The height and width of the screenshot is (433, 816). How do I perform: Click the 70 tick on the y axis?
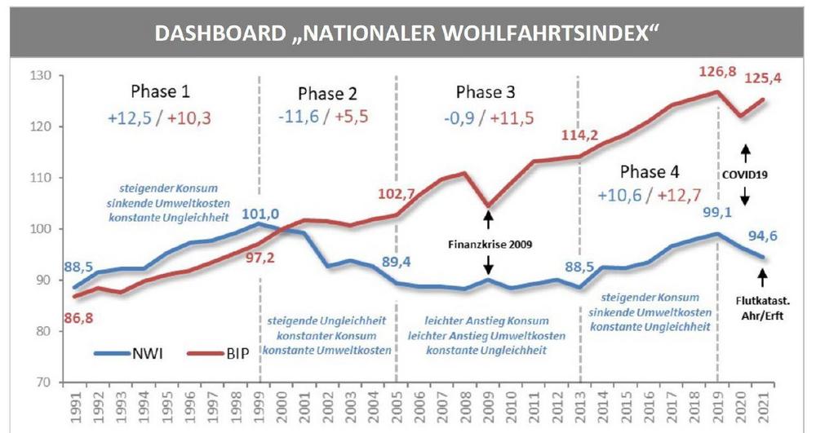(42, 382)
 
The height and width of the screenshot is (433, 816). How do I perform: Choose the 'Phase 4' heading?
(654, 172)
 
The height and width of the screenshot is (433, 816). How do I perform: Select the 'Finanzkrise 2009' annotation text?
(488, 242)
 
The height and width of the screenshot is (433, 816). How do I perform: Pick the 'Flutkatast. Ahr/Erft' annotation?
(762, 308)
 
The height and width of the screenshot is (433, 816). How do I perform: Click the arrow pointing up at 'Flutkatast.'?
(763, 278)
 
